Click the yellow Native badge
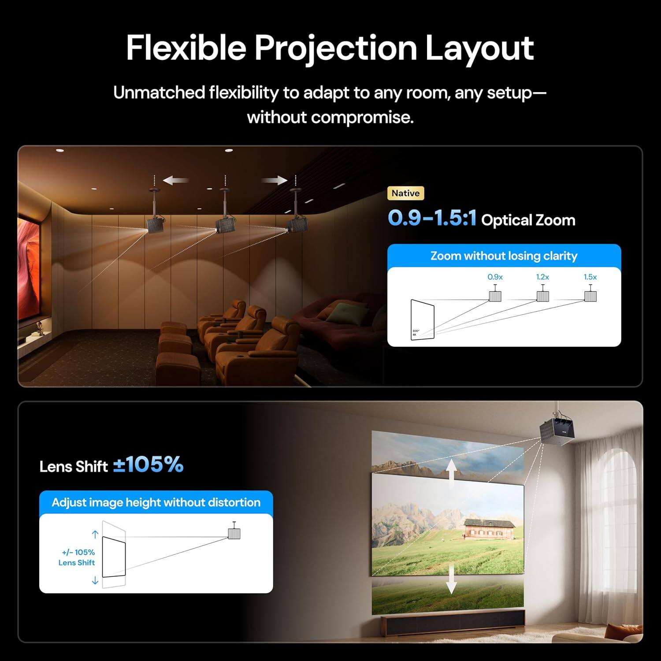point(405,193)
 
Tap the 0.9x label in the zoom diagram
point(495,277)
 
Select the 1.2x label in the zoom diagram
point(542,277)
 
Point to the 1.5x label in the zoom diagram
point(590,277)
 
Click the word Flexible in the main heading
point(186,48)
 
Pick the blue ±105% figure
point(149,464)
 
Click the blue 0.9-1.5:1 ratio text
point(432,218)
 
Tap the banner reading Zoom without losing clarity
point(504,256)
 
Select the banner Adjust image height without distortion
point(156,502)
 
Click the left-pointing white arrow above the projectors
point(176,180)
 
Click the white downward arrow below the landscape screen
point(451,579)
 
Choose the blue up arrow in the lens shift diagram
point(95,535)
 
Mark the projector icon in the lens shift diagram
point(234,533)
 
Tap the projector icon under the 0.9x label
point(495,296)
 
